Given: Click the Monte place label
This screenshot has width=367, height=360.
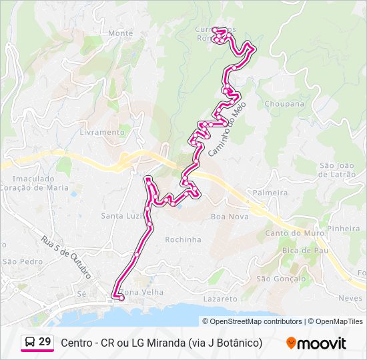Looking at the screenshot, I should click(x=120, y=33).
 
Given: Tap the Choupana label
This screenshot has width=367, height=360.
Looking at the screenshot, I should click(x=284, y=104).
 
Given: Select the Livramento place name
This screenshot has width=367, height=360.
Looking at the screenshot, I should click(x=101, y=132).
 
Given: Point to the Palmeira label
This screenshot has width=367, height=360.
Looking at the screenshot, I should click(x=270, y=193).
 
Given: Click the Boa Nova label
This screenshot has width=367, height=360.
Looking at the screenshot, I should click(x=229, y=217).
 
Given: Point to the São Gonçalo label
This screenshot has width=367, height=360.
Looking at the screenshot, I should click(x=280, y=278).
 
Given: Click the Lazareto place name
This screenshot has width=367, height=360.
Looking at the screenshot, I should click(x=220, y=299).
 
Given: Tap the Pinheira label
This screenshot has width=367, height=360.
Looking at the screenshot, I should click(x=344, y=228).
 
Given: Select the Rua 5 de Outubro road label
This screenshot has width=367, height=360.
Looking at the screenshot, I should click(x=65, y=257).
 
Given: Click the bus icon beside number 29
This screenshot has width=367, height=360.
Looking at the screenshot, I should click(x=29, y=342).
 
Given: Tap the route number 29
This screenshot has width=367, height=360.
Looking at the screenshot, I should click(x=45, y=342).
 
